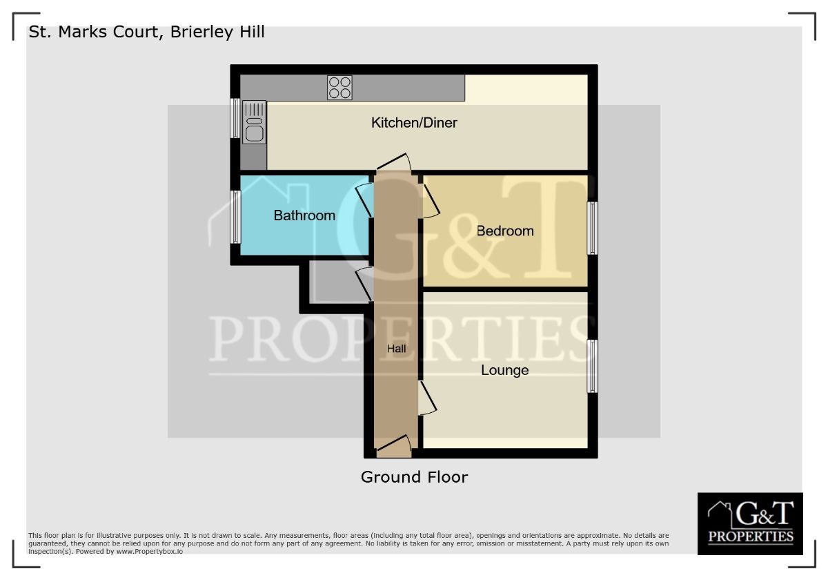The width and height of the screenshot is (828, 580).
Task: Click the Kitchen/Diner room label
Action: pos(414,123)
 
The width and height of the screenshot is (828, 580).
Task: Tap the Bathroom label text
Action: pos(304,215)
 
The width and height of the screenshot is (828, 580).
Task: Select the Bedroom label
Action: pos(505,231)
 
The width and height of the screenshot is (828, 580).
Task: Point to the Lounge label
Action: pos(504,370)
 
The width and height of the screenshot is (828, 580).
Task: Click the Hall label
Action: pos(396,349)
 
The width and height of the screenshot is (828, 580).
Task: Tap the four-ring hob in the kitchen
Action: pos(339,88)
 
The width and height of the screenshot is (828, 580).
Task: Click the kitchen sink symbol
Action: pos(254,122)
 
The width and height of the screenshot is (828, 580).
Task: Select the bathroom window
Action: pos(235,217)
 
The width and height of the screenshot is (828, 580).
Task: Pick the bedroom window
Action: pos(592,228)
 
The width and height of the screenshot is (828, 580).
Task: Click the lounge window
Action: pos(592,366)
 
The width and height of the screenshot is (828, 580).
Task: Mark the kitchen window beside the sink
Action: pos(235,118)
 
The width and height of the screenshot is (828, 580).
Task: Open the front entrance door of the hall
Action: pos(394,447)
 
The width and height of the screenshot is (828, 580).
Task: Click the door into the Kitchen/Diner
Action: pos(394,163)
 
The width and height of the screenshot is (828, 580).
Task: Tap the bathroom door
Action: pos(364,200)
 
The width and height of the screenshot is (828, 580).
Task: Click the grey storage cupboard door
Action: pos(364,284)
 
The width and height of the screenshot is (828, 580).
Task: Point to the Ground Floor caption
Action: pos(414,477)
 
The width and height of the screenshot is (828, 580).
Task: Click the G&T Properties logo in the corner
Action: pos(750,523)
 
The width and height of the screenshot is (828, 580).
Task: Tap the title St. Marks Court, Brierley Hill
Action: pos(146,32)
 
